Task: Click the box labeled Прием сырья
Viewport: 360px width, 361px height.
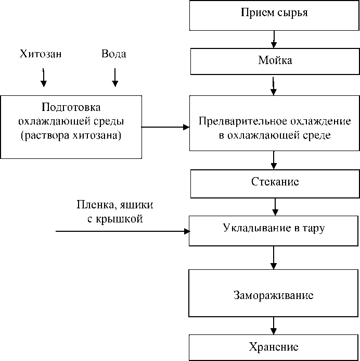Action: [274, 15]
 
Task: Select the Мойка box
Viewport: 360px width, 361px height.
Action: [274, 61]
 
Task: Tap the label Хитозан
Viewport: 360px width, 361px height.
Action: [41, 54]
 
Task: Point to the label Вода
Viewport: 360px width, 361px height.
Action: [113, 54]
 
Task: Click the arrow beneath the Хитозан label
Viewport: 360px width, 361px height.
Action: [44, 77]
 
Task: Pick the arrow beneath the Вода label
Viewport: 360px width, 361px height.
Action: [115, 77]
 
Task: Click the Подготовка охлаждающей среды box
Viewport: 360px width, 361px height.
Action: [71, 127]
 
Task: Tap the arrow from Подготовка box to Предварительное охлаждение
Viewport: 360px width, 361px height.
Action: [165, 127]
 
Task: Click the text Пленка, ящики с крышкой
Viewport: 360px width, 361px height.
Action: [115, 211]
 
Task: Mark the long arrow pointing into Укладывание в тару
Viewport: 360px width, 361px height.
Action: [122, 230]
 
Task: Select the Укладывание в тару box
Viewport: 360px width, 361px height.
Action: [274, 230]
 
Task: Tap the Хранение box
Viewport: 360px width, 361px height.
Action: [274, 347]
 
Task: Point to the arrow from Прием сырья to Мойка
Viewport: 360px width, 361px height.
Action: [274, 39]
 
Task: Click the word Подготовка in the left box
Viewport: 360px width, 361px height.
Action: [71, 108]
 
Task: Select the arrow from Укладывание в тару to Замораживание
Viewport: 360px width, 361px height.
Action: [274, 257]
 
